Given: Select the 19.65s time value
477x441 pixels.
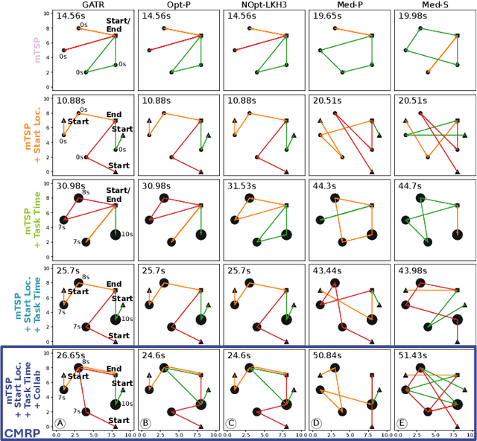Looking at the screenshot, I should click(x=327, y=16).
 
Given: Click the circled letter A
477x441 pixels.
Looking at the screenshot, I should click(x=60, y=423).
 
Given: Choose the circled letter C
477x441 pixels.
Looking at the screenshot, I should click(x=230, y=423).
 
